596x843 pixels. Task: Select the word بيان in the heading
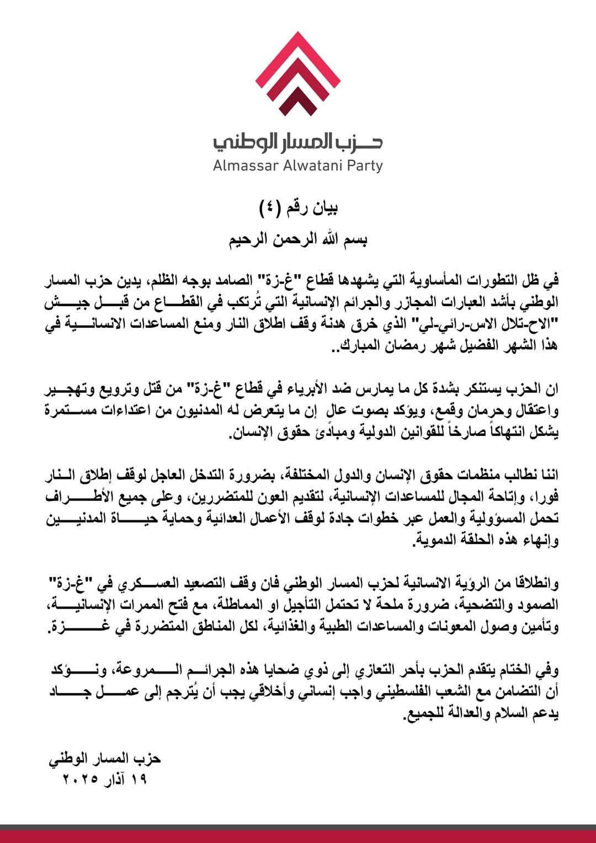(x=325, y=208)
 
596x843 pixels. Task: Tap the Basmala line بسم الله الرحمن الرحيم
(x=298, y=240)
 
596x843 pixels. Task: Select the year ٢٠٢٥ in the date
(x=81, y=780)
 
